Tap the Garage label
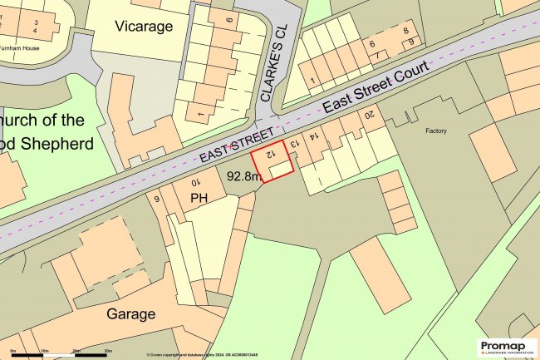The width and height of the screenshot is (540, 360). point(131,314)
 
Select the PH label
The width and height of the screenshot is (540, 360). point(199,198)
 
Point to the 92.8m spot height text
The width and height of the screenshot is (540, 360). point(244,176)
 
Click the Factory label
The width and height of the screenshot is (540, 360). point(436,131)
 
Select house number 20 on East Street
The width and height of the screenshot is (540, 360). point(371,114)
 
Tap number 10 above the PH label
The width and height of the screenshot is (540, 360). point(196,182)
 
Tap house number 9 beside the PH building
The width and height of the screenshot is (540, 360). point(156,198)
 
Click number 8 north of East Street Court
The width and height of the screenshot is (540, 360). point(405,31)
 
